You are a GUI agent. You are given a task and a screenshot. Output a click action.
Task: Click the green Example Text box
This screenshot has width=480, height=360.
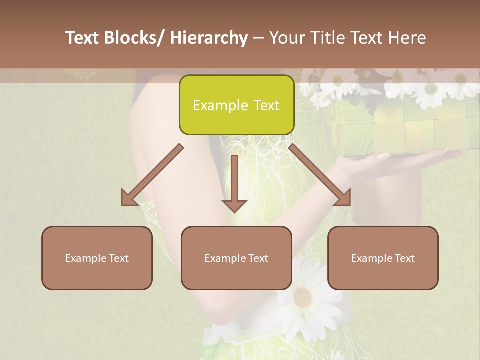236,105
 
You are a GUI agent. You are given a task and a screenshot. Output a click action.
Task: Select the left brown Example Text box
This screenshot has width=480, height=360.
97,258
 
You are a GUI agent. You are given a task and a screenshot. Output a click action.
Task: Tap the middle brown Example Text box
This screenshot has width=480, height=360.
236,258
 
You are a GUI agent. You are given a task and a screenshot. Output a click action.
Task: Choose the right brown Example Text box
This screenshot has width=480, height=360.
383,258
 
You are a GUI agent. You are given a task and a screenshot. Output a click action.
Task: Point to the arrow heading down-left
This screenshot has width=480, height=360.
152,175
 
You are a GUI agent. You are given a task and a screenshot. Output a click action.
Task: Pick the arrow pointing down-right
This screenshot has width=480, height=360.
320,175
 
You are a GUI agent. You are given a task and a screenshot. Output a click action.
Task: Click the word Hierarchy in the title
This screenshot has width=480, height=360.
209,38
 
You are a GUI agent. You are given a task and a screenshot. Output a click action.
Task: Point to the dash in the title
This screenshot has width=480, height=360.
258,38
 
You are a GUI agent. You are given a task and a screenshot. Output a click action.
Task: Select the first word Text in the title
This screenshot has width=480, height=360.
83,38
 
